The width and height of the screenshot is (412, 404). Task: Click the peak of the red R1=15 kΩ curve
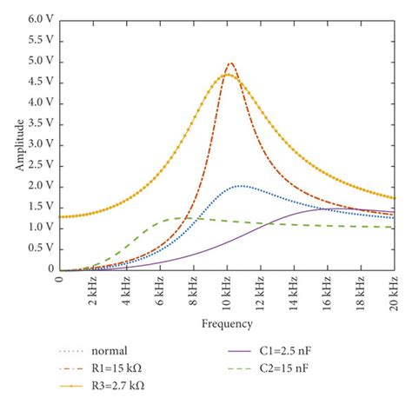coord(230,63)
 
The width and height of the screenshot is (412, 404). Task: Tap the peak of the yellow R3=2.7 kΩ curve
coord(227,75)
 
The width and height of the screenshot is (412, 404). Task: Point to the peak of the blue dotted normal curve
coord(241,186)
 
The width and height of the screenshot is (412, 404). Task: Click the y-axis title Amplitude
coord(19,144)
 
